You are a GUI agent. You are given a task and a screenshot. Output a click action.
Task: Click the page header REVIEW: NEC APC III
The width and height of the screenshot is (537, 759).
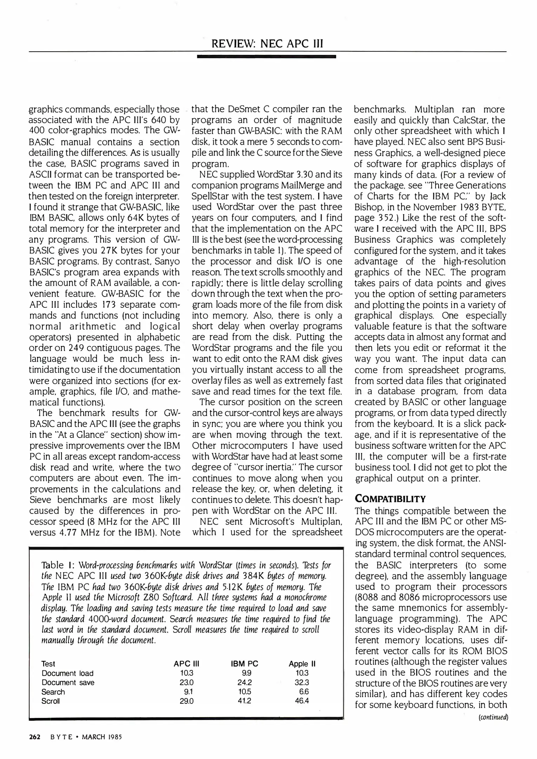pyautogui.click(x=267, y=44)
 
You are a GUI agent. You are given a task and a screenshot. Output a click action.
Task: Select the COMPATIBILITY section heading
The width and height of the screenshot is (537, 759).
pyautogui.click(x=390, y=499)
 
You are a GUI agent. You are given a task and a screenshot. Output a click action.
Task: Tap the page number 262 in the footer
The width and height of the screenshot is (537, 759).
pyautogui.click(x=35, y=737)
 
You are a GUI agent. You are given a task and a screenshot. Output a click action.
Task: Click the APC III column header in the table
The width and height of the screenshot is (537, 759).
pyautogui.click(x=186, y=664)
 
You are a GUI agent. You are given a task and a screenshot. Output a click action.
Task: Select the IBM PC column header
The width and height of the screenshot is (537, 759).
pyautogui.click(x=244, y=664)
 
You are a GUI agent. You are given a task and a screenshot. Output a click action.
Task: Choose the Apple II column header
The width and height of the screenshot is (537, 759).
pyautogui.click(x=302, y=664)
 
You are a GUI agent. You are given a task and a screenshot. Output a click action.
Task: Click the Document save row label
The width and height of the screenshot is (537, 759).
pyautogui.click(x=68, y=682)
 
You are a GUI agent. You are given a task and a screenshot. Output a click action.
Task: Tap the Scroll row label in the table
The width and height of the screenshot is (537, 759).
pyautogui.click(x=51, y=701)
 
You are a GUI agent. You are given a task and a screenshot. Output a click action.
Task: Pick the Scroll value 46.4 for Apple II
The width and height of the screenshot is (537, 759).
pyautogui.click(x=302, y=701)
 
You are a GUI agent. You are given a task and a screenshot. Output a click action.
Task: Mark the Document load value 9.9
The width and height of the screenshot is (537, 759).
pyautogui.click(x=246, y=673)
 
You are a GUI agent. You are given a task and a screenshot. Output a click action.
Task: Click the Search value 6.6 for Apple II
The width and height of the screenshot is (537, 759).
pyautogui.click(x=304, y=692)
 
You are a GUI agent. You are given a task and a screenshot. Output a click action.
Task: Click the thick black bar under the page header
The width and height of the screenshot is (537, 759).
pyautogui.click(x=266, y=56)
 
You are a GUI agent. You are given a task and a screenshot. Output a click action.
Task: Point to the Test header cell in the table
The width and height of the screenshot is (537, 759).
pyautogui.click(x=48, y=664)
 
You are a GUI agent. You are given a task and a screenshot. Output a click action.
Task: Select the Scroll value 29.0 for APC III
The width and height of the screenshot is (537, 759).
pyautogui.click(x=186, y=701)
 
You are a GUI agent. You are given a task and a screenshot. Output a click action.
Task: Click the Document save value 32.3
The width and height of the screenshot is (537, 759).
pyautogui.click(x=302, y=682)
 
